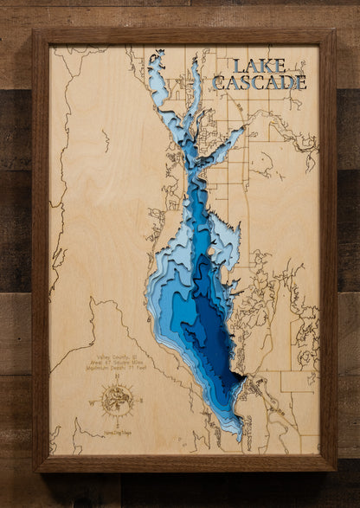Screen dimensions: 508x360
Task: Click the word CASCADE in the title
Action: pos(259,83)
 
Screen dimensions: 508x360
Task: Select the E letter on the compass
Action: pos(138,400)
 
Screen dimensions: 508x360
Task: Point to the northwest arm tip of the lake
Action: pos(155,57)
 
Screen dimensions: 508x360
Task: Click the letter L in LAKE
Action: pos(239,67)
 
